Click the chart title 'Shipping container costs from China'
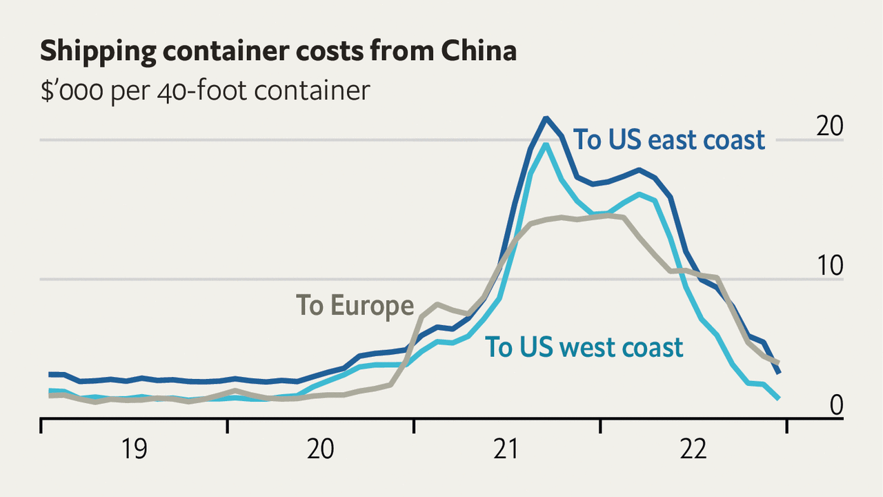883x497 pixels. point(278,52)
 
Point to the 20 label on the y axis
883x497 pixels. point(829,126)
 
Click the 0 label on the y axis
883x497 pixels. point(836,405)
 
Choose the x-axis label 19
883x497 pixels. point(135,449)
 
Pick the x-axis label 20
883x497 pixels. point(321,449)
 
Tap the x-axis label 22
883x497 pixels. point(693,449)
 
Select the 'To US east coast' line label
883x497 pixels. point(670,139)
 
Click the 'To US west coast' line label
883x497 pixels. point(584,347)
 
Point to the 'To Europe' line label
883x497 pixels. point(355,304)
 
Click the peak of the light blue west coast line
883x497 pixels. point(546,144)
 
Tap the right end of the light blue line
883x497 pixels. point(779,398)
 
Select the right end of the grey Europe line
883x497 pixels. point(779,362)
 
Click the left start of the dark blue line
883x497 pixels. point(50,374)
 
